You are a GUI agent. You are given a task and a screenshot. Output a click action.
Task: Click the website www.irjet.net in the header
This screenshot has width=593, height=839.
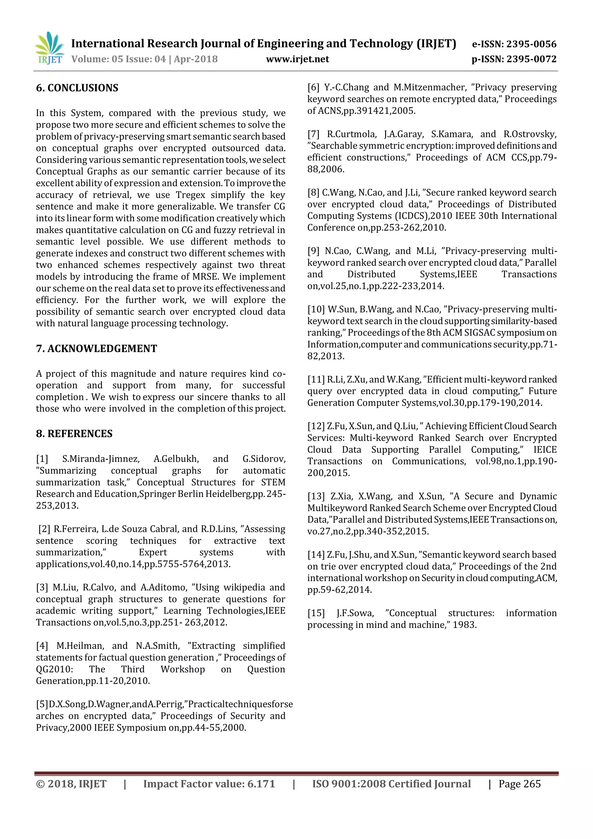(297, 59)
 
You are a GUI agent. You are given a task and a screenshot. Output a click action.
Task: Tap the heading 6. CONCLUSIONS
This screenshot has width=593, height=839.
(77, 88)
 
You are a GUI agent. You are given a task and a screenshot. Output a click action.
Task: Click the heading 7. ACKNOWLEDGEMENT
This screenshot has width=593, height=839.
(96, 349)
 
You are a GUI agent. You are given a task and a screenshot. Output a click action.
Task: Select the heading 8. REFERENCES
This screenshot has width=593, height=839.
(74, 434)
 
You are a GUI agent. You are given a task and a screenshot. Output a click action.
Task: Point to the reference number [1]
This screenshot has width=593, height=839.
(42, 459)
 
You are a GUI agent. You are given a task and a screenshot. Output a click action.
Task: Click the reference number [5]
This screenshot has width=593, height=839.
(42, 704)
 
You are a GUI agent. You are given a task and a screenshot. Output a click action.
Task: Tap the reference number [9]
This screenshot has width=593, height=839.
(313, 251)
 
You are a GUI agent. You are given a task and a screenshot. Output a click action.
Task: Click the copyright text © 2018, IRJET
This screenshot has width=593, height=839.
(71, 784)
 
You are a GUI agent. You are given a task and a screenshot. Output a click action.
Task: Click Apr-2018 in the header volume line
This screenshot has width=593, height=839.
(196, 59)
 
